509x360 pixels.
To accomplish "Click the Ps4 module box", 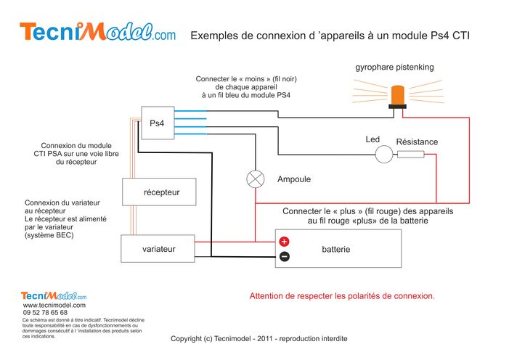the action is click(x=158, y=123).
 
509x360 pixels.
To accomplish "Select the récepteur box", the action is click(x=159, y=192).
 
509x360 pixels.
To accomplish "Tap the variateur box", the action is click(x=158, y=249).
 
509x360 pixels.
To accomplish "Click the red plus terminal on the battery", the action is click(x=284, y=242).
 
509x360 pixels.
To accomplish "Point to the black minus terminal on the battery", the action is click(x=285, y=256).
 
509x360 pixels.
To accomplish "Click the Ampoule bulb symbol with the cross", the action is click(x=256, y=179).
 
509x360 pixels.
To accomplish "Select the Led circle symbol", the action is click(x=384, y=154).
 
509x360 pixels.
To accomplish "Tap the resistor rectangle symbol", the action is click(x=411, y=155).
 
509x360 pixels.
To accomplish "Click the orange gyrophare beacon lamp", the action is click(x=398, y=97).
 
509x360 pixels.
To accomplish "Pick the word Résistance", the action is click(x=417, y=142).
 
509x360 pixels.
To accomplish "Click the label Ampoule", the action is click(x=294, y=179).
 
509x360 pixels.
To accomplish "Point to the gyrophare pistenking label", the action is click(x=394, y=67).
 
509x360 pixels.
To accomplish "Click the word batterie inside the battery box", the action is click(x=336, y=249).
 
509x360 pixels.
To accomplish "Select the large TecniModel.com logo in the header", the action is click(x=98, y=32).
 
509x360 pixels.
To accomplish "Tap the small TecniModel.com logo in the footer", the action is click(x=54, y=295).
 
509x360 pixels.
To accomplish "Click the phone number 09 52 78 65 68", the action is click(x=45, y=312).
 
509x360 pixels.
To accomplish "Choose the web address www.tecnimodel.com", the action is click(x=54, y=305).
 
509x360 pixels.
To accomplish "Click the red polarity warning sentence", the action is click(x=342, y=296).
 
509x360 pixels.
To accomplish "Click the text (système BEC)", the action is click(x=49, y=235).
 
